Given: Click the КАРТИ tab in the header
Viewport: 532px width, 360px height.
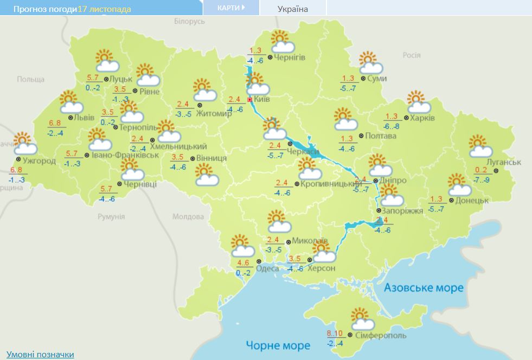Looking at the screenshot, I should click(x=230, y=8).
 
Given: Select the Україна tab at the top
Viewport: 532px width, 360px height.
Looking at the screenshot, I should click(x=292, y=9).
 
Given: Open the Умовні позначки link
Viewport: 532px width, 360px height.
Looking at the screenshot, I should click(x=40, y=354).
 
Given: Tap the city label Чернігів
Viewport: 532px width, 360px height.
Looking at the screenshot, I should click(x=290, y=57).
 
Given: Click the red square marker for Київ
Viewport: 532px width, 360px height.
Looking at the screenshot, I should click(x=249, y=100).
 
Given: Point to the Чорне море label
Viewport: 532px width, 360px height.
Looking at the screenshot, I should click(x=278, y=345).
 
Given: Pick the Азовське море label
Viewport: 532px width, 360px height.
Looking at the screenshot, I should click(x=424, y=287).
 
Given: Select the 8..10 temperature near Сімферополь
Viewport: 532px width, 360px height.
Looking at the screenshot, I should click(x=336, y=333).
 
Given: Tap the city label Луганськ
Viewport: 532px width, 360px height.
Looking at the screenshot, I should click(x=504, y=162).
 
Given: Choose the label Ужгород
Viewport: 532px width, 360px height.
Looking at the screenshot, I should click(x=39, y=160).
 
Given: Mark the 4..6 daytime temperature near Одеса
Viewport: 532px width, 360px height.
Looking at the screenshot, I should click(x=243, y=263).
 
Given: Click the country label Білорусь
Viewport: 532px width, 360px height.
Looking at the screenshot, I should click(x=189, y=21).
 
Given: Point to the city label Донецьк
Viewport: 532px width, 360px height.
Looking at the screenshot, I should click(x=472, y=200).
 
